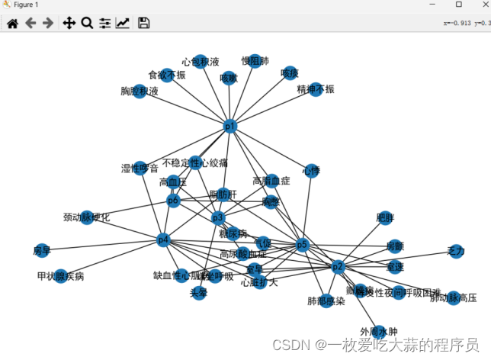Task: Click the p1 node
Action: tap(230, 126)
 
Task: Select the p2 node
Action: tap(339, 267)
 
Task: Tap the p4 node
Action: tap(162, 240)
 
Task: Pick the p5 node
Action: tap(301, 245)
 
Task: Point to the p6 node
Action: tap(173, 201)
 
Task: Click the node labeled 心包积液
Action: tap(200, 62)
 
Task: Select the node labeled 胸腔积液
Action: tap(140, 92)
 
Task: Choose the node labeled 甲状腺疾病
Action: tap(60, 275)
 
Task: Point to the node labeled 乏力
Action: tap(456, 252)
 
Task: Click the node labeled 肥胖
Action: tap(385, 218)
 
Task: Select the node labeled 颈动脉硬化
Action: tap(87, 217)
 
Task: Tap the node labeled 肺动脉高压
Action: tap(454, 297)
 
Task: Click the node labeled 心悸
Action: tap(310, 170)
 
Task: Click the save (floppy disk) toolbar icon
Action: tap(143, 23)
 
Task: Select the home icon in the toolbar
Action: tap(12, 23)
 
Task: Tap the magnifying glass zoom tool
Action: tap(87, 23)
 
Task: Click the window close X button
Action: tap(478, 5)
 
